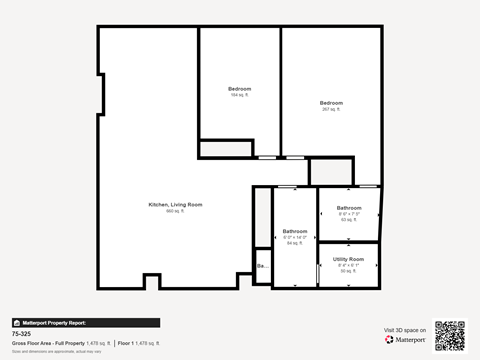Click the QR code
[x=450, y=335]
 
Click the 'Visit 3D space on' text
[x=405, y=330]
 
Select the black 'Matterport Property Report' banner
[x=85, y=323]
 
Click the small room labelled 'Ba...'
[x=263, y=267]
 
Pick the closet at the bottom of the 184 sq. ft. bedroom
[x=225, y=149]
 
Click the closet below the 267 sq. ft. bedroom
[x=330, y=171]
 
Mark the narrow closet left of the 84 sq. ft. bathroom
[x=262, y=217]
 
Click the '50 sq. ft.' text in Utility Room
[x=349, y=271]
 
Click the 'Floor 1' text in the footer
[x=126, y=343]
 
